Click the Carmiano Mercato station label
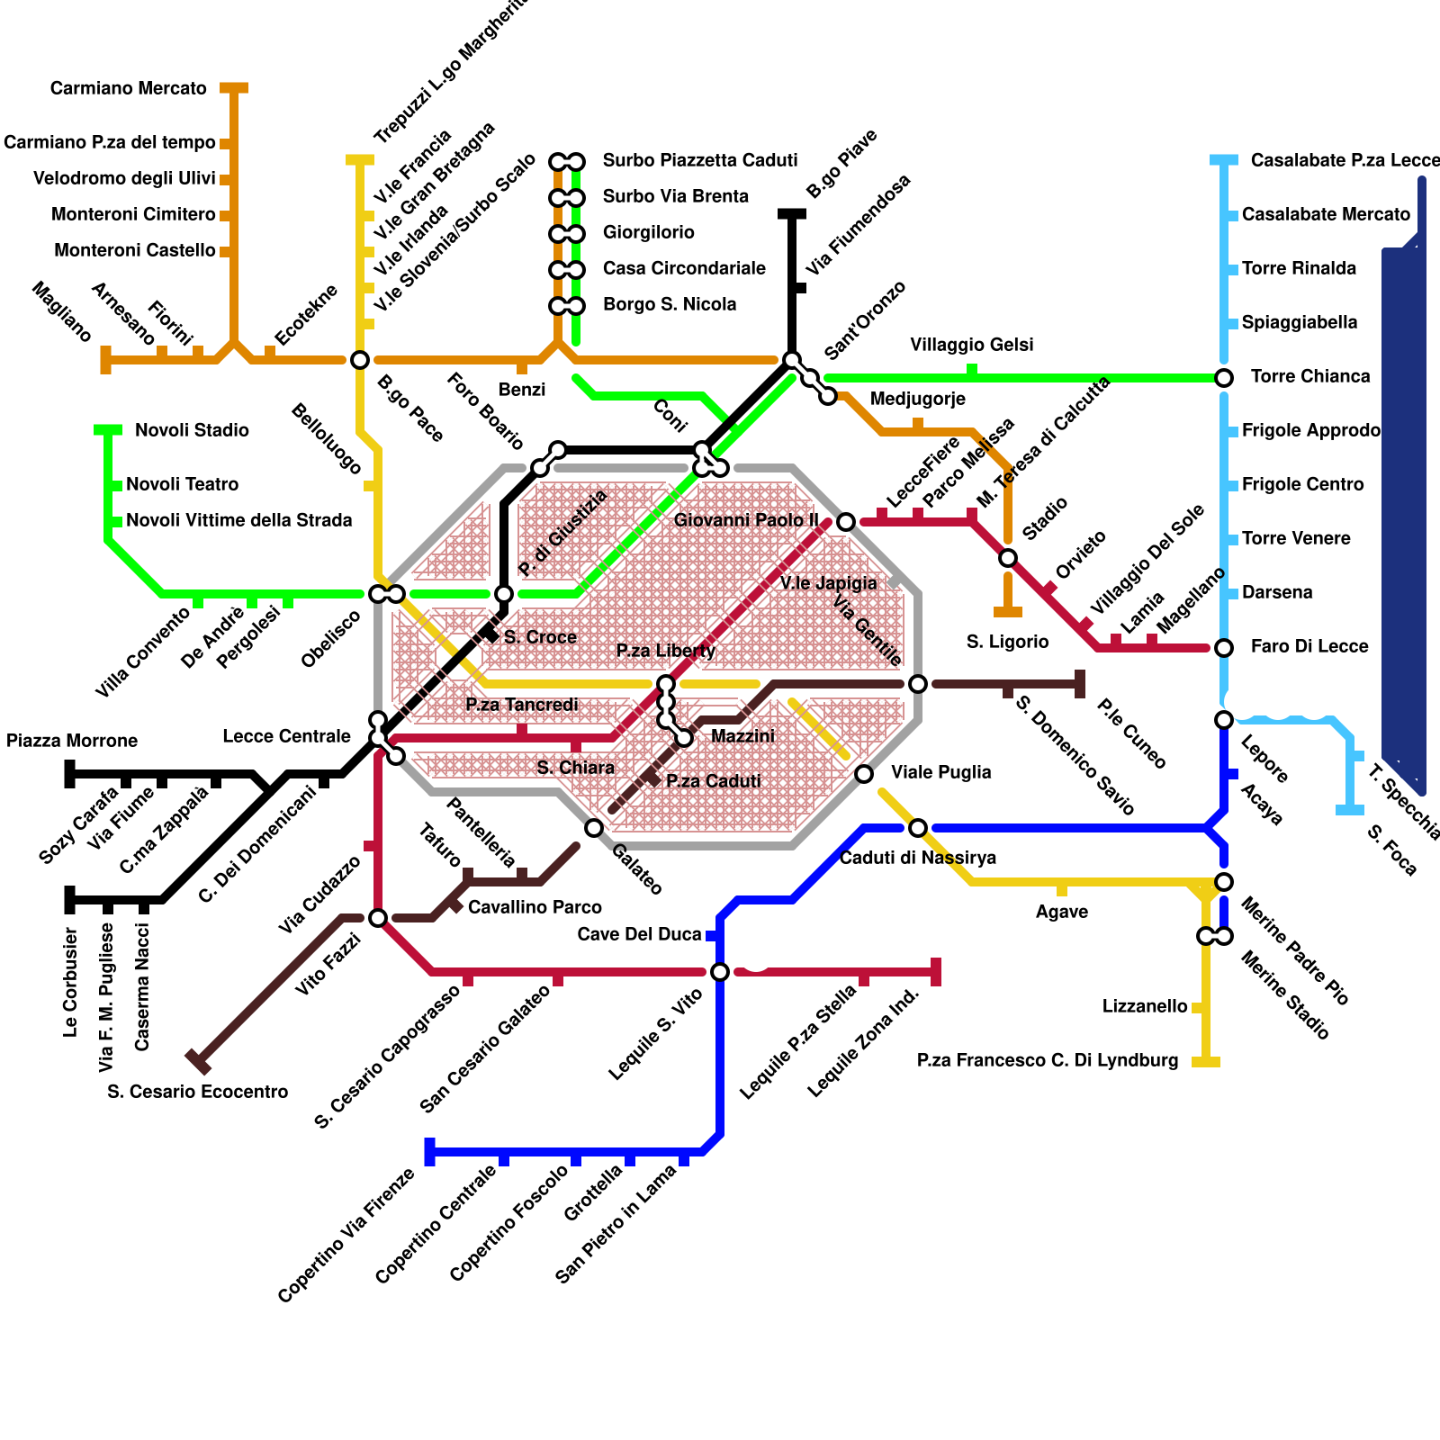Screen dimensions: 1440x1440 129,88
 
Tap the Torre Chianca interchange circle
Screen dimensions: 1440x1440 1224,378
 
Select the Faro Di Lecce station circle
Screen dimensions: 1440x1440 1224,648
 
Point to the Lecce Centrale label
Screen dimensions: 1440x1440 286,736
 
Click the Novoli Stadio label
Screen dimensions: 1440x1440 192,430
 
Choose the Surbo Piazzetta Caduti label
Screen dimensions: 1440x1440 699,160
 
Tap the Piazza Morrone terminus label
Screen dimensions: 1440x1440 72,741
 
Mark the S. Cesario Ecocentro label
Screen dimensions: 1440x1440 197,1092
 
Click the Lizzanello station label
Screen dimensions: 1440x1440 1145,1006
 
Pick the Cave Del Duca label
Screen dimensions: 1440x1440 639,934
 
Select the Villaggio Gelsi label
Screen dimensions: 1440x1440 971,345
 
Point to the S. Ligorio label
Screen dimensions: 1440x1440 1007,642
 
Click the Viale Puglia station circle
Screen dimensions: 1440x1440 864,774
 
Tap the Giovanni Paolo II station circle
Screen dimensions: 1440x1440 846,522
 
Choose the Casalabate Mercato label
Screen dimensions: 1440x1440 1326,214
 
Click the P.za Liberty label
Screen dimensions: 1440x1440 665,651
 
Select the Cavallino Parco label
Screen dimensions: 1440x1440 534,907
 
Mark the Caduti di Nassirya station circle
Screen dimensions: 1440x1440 918,828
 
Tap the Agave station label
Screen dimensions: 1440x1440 1061,912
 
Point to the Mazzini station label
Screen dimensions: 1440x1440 742,736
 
